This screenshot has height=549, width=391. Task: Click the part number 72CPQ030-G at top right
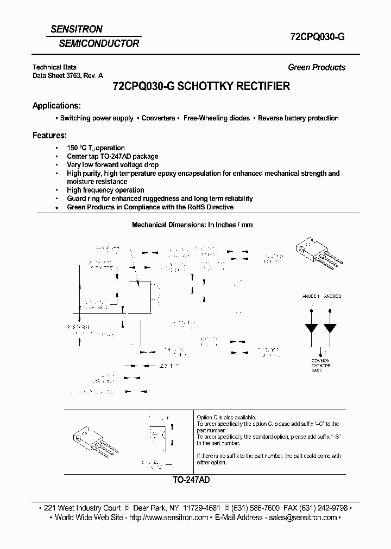(x=315, y=37)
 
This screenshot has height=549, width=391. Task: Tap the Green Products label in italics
(x=316, y=67)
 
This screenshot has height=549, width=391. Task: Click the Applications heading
(x=56, y=105)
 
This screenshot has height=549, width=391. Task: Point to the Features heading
(x=49, y=135)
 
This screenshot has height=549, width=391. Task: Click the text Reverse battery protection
(x=298, y=118)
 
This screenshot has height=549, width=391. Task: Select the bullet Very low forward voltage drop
(x=112, y=164)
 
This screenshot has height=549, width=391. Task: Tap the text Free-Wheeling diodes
(x=217, y=118)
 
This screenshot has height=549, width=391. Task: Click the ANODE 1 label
(x=311, y=296)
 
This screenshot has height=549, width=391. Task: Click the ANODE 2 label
(x=332, y=296)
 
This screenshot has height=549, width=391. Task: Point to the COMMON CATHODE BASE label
(x=320, y=365)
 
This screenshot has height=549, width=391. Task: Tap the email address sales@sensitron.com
(x=301, y=518)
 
